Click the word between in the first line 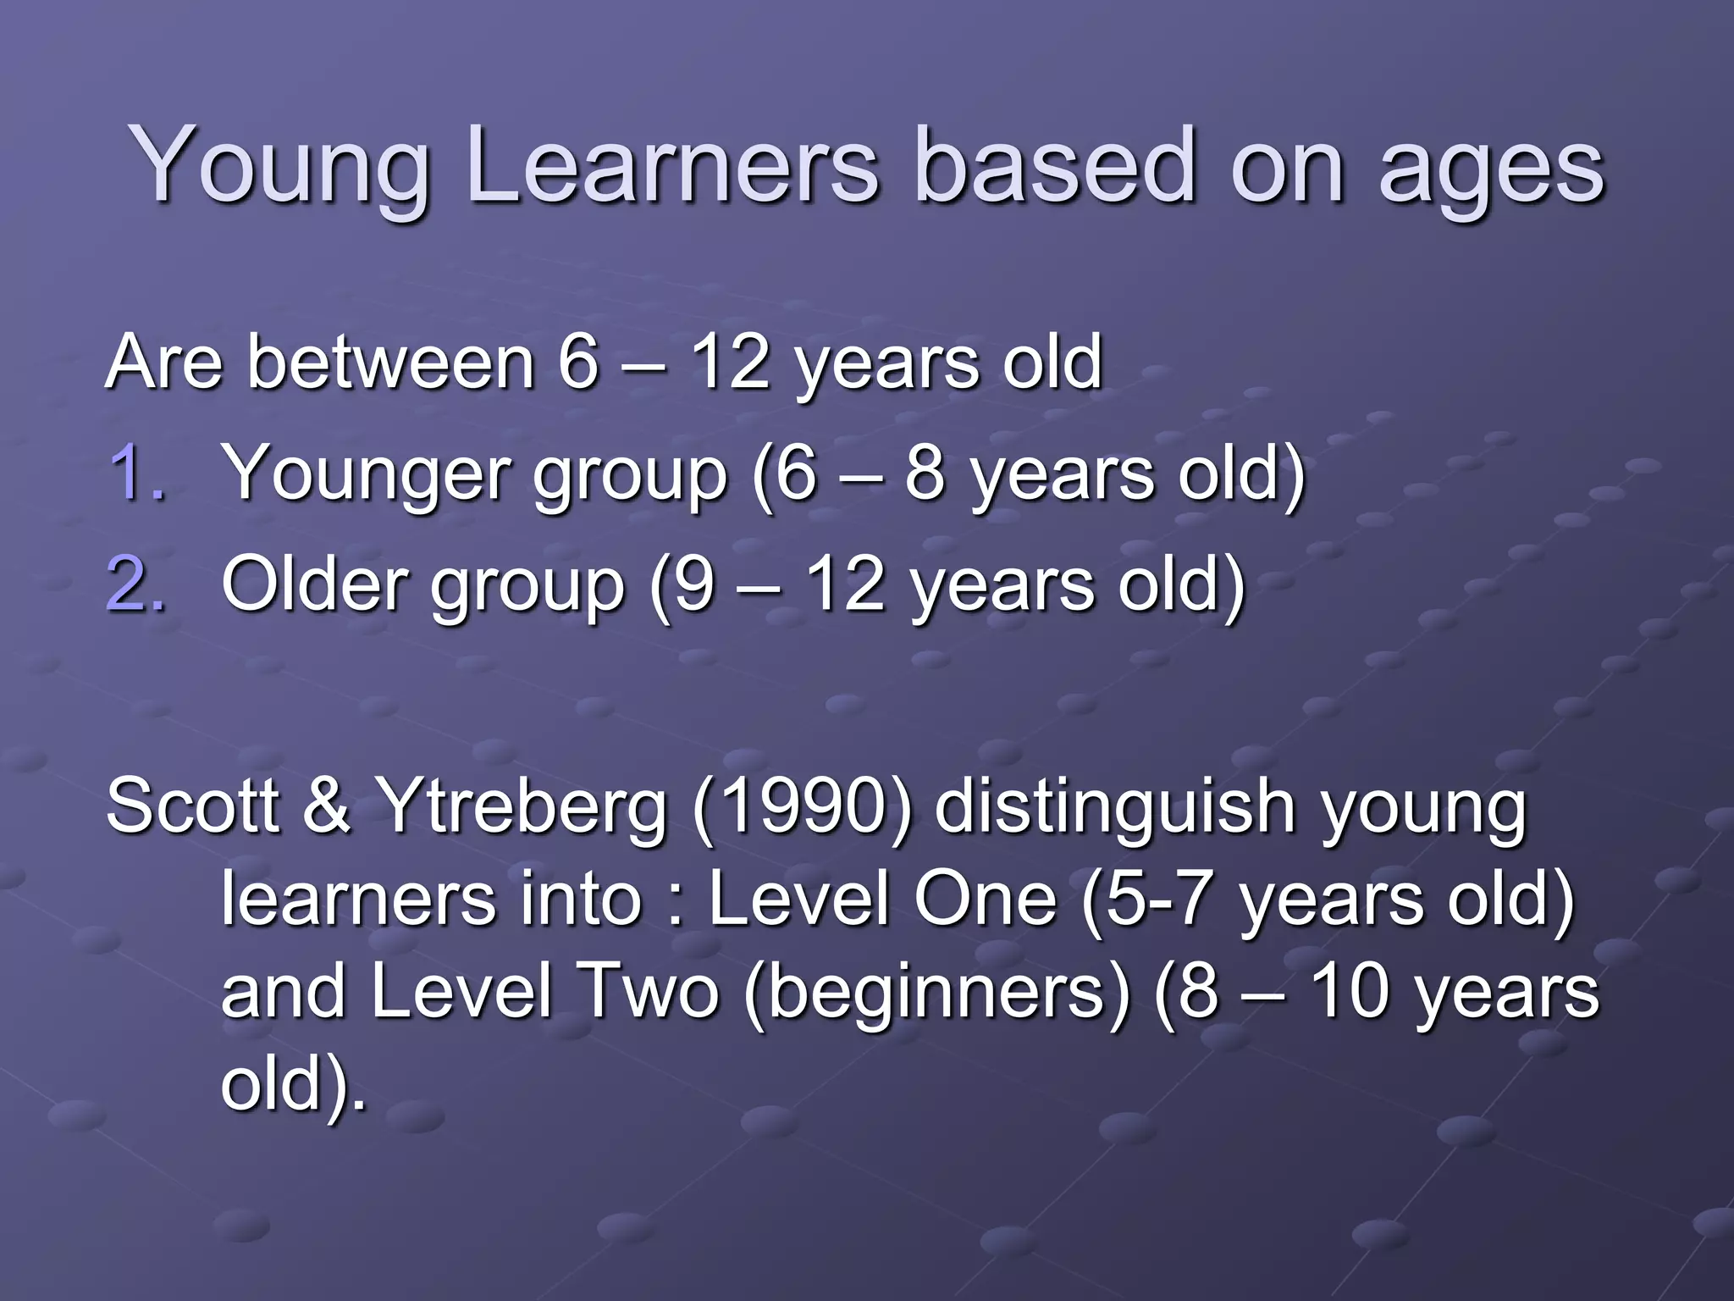[x=390, y=363]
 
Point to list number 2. [x=135, y=584]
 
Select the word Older [x=314, y=584]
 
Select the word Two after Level [x=646, y=992]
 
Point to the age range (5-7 [x=1147, y=900]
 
